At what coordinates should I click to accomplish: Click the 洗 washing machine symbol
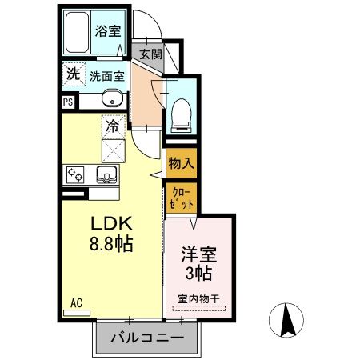click(x=73, y=74)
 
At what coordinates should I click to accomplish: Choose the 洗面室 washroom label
click(x=106, y=77)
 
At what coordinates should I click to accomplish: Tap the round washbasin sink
click(x=111, y=100)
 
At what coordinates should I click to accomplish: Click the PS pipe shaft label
click(x=68, y=102)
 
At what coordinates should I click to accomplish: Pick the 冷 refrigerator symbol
click(x=113, y=126)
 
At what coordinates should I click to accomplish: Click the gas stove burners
click(x=77, y=174)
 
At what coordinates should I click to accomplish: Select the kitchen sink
click(x=106, y=174)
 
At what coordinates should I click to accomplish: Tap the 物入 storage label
click(x=181, y=162)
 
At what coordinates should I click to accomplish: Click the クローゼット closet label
click(x=180, y=197)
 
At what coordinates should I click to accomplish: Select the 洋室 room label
click(x=197, y=256)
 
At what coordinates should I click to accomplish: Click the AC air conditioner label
click(x=77, y=302)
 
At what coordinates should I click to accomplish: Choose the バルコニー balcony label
click(x=146, y=337)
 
